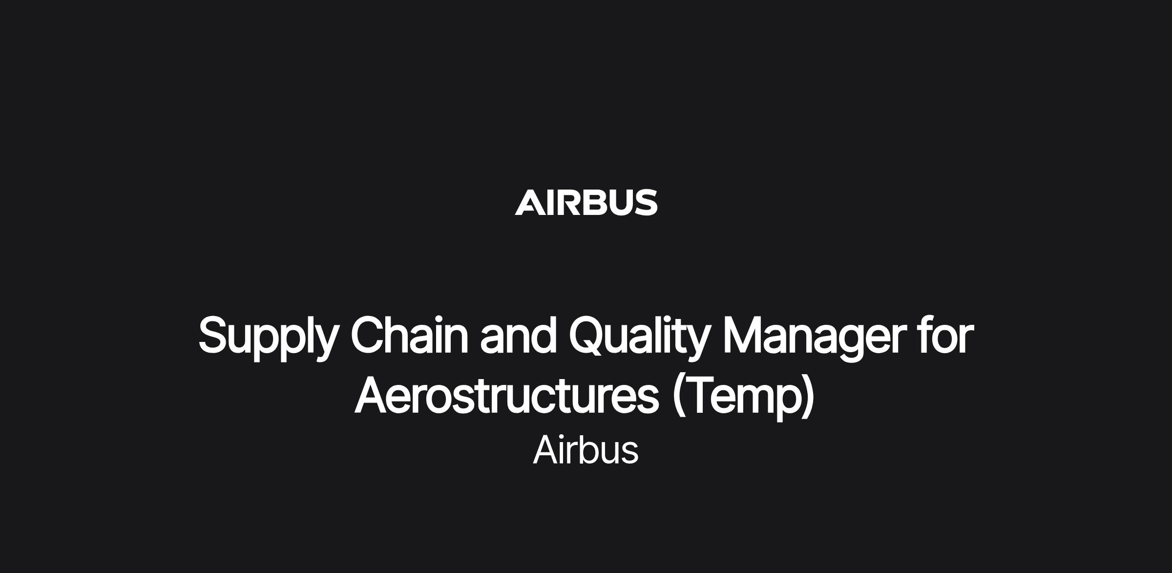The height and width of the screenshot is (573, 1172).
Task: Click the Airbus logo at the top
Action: pyautogui.click(x=586, y=202)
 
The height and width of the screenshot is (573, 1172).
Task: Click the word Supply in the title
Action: pyautogui.click(x=268, y=338)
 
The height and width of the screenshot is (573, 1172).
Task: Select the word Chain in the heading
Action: pyautogui.click(x=409, y=335)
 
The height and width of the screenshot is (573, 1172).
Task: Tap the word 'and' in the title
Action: pyautogui.click(x=518, y=335)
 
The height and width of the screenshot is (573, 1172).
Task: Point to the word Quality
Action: pyautogui.click(x=639, y=338)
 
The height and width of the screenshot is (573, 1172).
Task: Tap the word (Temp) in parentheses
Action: pyautogui.click(x=743, y=397)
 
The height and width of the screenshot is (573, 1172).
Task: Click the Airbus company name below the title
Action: pyautogui.click(x=586, y=450)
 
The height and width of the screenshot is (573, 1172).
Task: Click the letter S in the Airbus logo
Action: pyautogui.click(x=646, y=202)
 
